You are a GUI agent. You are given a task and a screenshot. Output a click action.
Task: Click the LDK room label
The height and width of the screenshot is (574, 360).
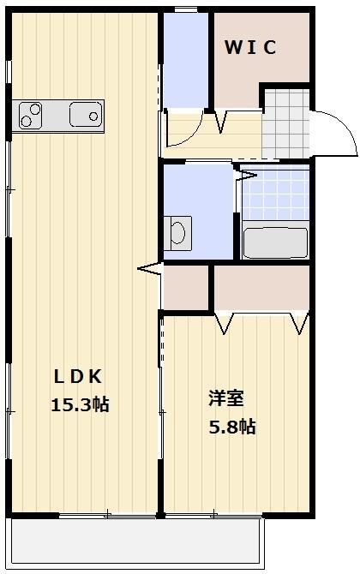[79, 375]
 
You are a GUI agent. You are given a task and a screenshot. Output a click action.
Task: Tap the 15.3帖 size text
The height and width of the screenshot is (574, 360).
[79, 404]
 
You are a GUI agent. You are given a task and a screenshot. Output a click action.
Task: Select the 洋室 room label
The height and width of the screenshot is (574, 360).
[226, 398]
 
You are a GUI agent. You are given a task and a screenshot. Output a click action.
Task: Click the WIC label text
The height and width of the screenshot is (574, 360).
[250, 48]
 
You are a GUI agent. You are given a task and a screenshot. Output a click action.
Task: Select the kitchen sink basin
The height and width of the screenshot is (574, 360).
[86, 115]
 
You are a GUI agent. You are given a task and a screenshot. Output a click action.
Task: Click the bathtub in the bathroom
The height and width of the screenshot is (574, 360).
[275, 242]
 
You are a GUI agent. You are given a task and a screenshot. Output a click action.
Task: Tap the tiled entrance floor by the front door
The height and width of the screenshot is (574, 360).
[285, 124]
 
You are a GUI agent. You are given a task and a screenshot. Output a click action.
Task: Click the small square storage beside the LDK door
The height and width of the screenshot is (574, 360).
[186, 288]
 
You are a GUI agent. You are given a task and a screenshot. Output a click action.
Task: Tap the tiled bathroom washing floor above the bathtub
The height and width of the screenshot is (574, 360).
[275, 195]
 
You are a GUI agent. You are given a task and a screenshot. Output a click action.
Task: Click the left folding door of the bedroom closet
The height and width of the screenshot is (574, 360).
[226, 323]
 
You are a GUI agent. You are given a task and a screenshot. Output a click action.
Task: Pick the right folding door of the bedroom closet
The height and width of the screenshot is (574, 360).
[299, 323]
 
